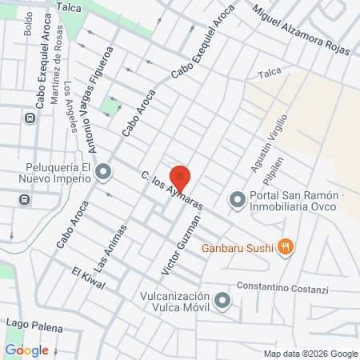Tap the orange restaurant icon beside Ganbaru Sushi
(x=286, y=247)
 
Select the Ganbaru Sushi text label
(x=238, y=247)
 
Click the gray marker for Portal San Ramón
(x=237, y=200)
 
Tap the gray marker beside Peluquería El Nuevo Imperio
(x=103, y=172)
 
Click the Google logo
(x=26, y=350)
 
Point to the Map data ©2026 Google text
(x=311, y=354)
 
